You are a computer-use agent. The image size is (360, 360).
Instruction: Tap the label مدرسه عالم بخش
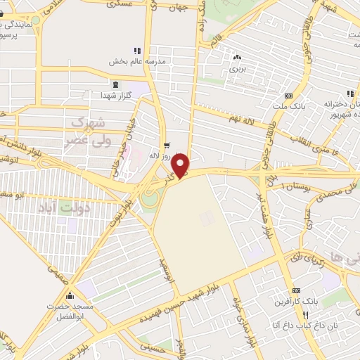click(x=136, y=62)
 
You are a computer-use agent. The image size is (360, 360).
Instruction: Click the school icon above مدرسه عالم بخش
click(x=137, y=51)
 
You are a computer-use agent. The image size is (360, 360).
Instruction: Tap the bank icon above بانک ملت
click(x=288, y=96)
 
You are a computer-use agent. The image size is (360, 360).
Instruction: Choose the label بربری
click(x=236, y=70)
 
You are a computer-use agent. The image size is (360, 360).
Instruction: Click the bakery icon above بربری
click(x=236, y=59)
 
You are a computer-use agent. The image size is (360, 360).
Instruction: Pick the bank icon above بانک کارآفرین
click(x=297, y=290)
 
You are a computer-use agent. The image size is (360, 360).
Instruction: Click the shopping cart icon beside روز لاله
click(x=166, y=146)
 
